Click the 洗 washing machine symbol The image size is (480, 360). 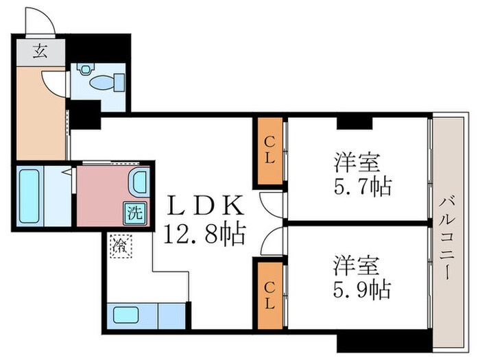coord(134,213)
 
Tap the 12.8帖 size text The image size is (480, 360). coord(204,235)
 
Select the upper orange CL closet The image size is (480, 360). coord(270,152)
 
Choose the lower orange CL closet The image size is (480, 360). coord(270,293)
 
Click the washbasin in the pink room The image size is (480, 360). coord(137,183)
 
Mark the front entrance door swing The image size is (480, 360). coord(41,21)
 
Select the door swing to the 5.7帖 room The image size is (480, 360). coord(272,202)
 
